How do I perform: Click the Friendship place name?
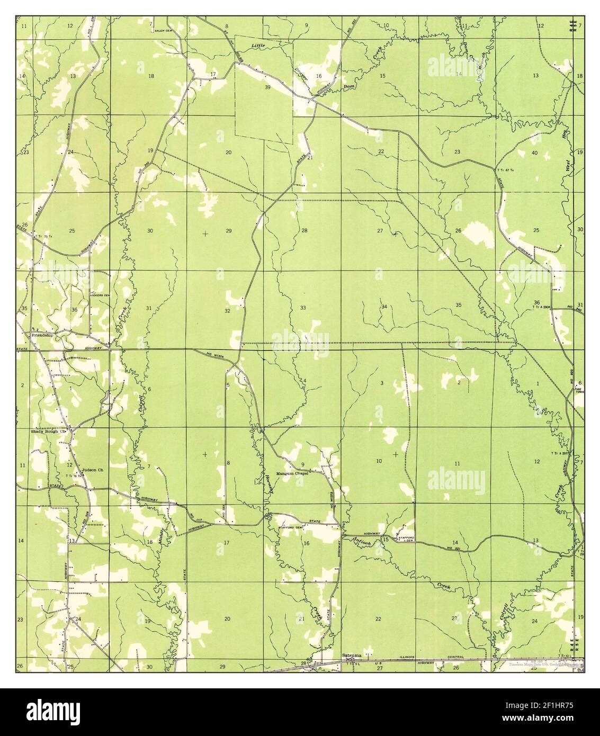click(42, 336)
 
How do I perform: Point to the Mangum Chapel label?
click(292, 473)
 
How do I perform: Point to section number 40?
click(534, 152)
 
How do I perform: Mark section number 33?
click(303, 308)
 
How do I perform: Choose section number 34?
click(383, 307)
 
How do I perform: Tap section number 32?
click(227, 311)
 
